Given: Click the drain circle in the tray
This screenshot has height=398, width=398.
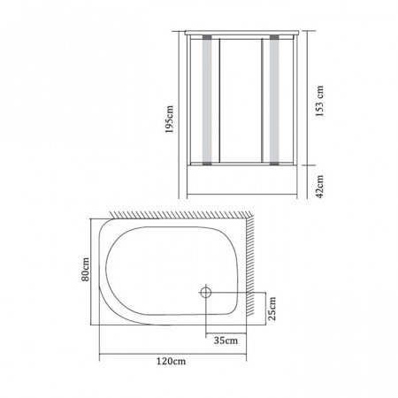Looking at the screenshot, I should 205,291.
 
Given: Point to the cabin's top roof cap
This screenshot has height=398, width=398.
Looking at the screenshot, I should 241,32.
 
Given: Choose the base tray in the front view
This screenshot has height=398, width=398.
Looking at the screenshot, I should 241,182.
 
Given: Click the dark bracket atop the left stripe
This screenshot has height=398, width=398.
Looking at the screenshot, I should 208,39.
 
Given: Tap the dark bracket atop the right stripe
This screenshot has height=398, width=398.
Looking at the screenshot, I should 273,39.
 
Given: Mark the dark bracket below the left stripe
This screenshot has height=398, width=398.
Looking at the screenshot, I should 208,162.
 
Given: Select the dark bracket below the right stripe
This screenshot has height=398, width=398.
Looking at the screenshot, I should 273,162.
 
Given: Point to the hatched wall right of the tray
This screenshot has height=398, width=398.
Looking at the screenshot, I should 252,265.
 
